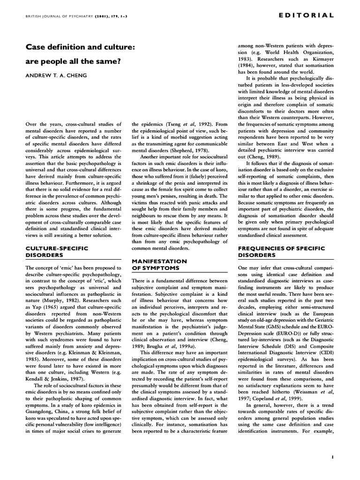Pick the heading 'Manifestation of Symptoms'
pyautogui.click(x=159, y=264)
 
